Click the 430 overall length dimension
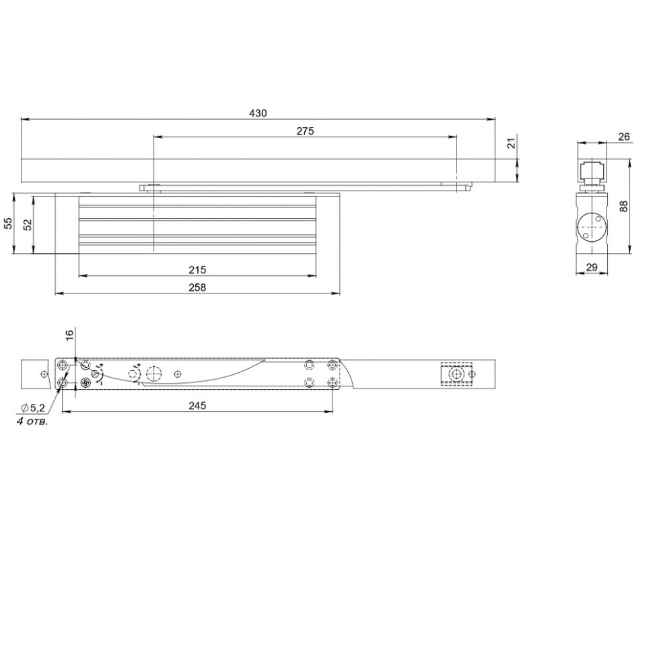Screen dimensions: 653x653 259,113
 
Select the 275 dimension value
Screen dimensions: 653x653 305,131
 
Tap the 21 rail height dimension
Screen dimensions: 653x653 511,143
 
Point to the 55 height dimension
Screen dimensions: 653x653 8,224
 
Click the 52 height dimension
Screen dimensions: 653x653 28,224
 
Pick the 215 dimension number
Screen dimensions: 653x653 197,270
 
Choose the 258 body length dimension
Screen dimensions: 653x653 197,287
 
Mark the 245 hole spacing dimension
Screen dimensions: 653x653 197,405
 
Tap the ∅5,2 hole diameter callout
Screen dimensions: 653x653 34,408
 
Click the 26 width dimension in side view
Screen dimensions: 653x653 623,137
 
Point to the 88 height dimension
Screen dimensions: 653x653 623,207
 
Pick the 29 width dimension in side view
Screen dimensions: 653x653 592,267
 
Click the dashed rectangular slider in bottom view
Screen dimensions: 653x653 457,374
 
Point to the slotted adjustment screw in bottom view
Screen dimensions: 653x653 85,383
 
